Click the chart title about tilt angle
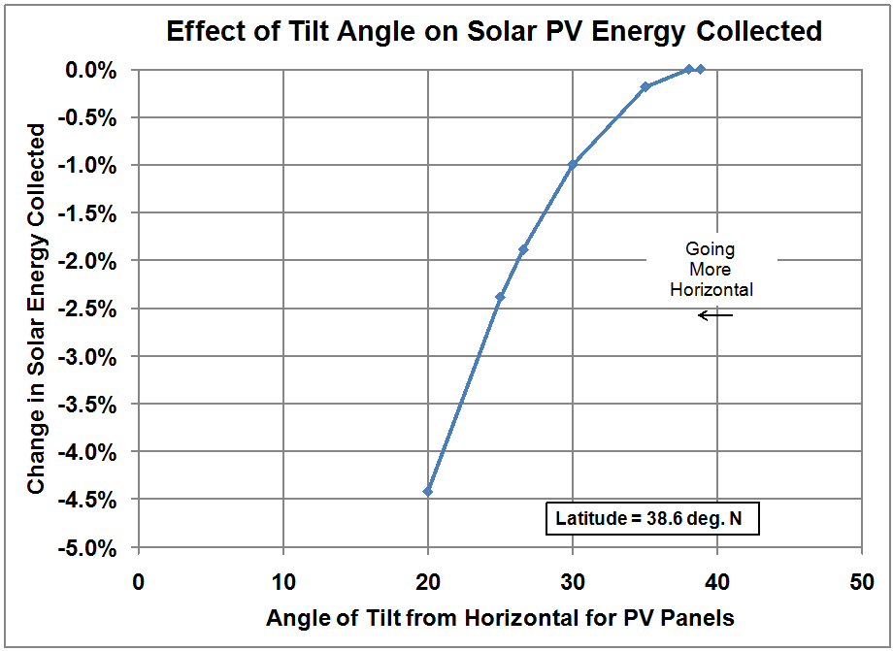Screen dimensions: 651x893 (x=494, y=31)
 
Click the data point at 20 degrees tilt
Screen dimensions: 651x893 (x=428, y=491)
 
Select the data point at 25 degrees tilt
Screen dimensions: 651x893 (x=500, y=297)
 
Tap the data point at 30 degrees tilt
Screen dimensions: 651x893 (x=573, y=165)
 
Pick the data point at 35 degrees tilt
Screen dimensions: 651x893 (x=645, y=87)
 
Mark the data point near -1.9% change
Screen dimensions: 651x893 (x=523, y=249)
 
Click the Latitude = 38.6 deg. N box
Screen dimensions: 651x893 (x=649, y=519)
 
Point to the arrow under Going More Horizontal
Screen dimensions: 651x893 (x=716, y=315)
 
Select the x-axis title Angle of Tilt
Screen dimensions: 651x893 (x=499, y=616)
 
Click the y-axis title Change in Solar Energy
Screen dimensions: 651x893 (x=36, y=309)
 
